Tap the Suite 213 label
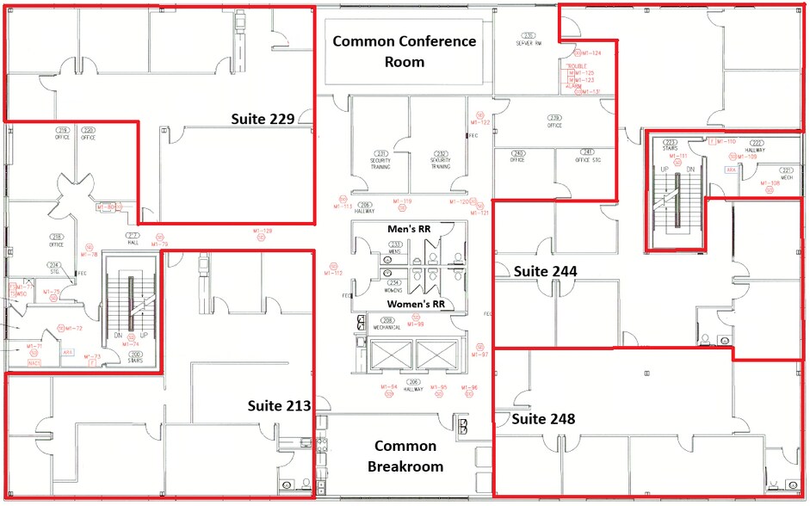pos(279,405)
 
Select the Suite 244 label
pos(545,271)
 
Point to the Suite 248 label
pos(543,419)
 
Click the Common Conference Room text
pos(404,51)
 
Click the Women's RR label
pos(415,304)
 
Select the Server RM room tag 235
pos(529,38)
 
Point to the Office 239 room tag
pos(555,120)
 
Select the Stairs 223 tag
pos(670,145)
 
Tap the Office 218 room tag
pos(57,240)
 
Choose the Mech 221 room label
pos(786,171)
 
